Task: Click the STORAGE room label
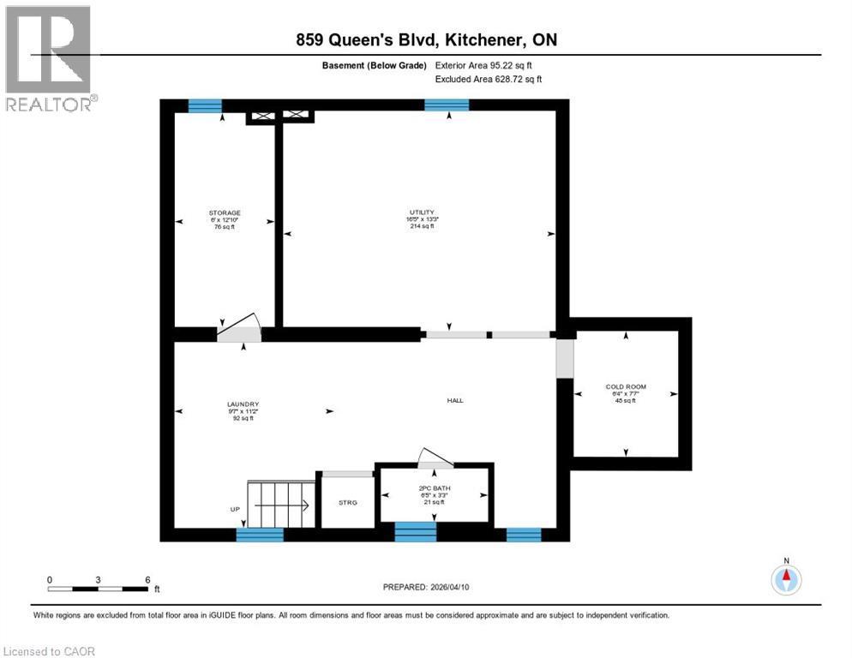[225, 212]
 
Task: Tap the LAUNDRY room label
[243, 404]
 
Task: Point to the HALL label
[455, 400]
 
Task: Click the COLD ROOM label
[626, 386]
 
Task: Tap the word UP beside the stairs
[235, 509]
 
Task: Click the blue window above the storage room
[205, 105]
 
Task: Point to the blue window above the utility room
[447, 105]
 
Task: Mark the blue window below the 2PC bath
[415, 534]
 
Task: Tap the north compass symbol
[786, 580]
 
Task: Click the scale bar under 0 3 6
[98, 589]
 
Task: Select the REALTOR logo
[50, 58]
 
